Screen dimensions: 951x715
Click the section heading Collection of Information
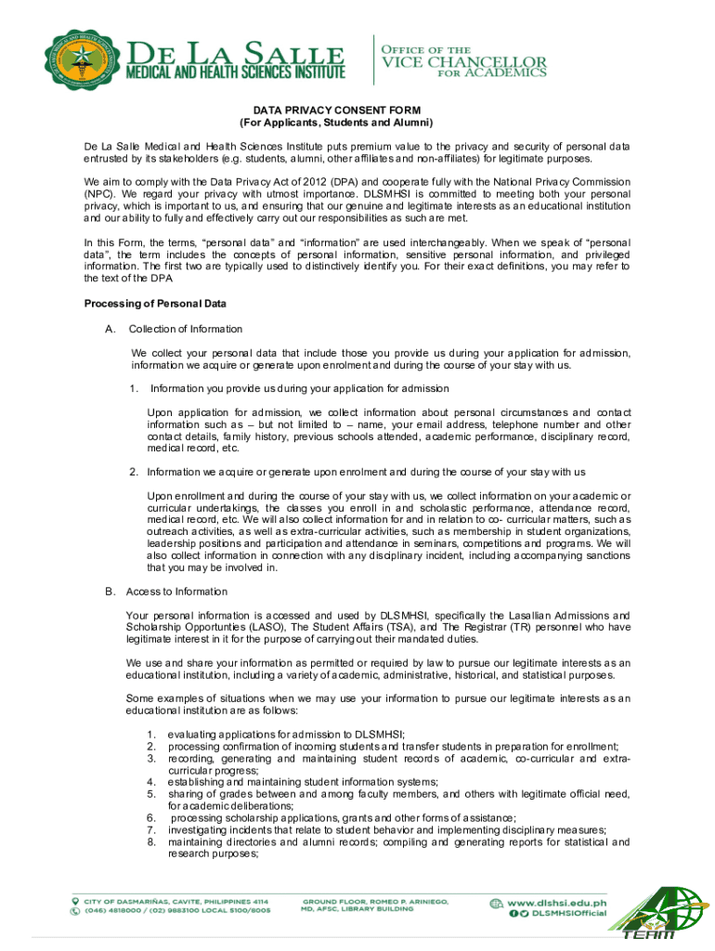tap(186, 329)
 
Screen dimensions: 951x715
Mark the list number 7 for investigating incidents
tap(150, 829)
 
